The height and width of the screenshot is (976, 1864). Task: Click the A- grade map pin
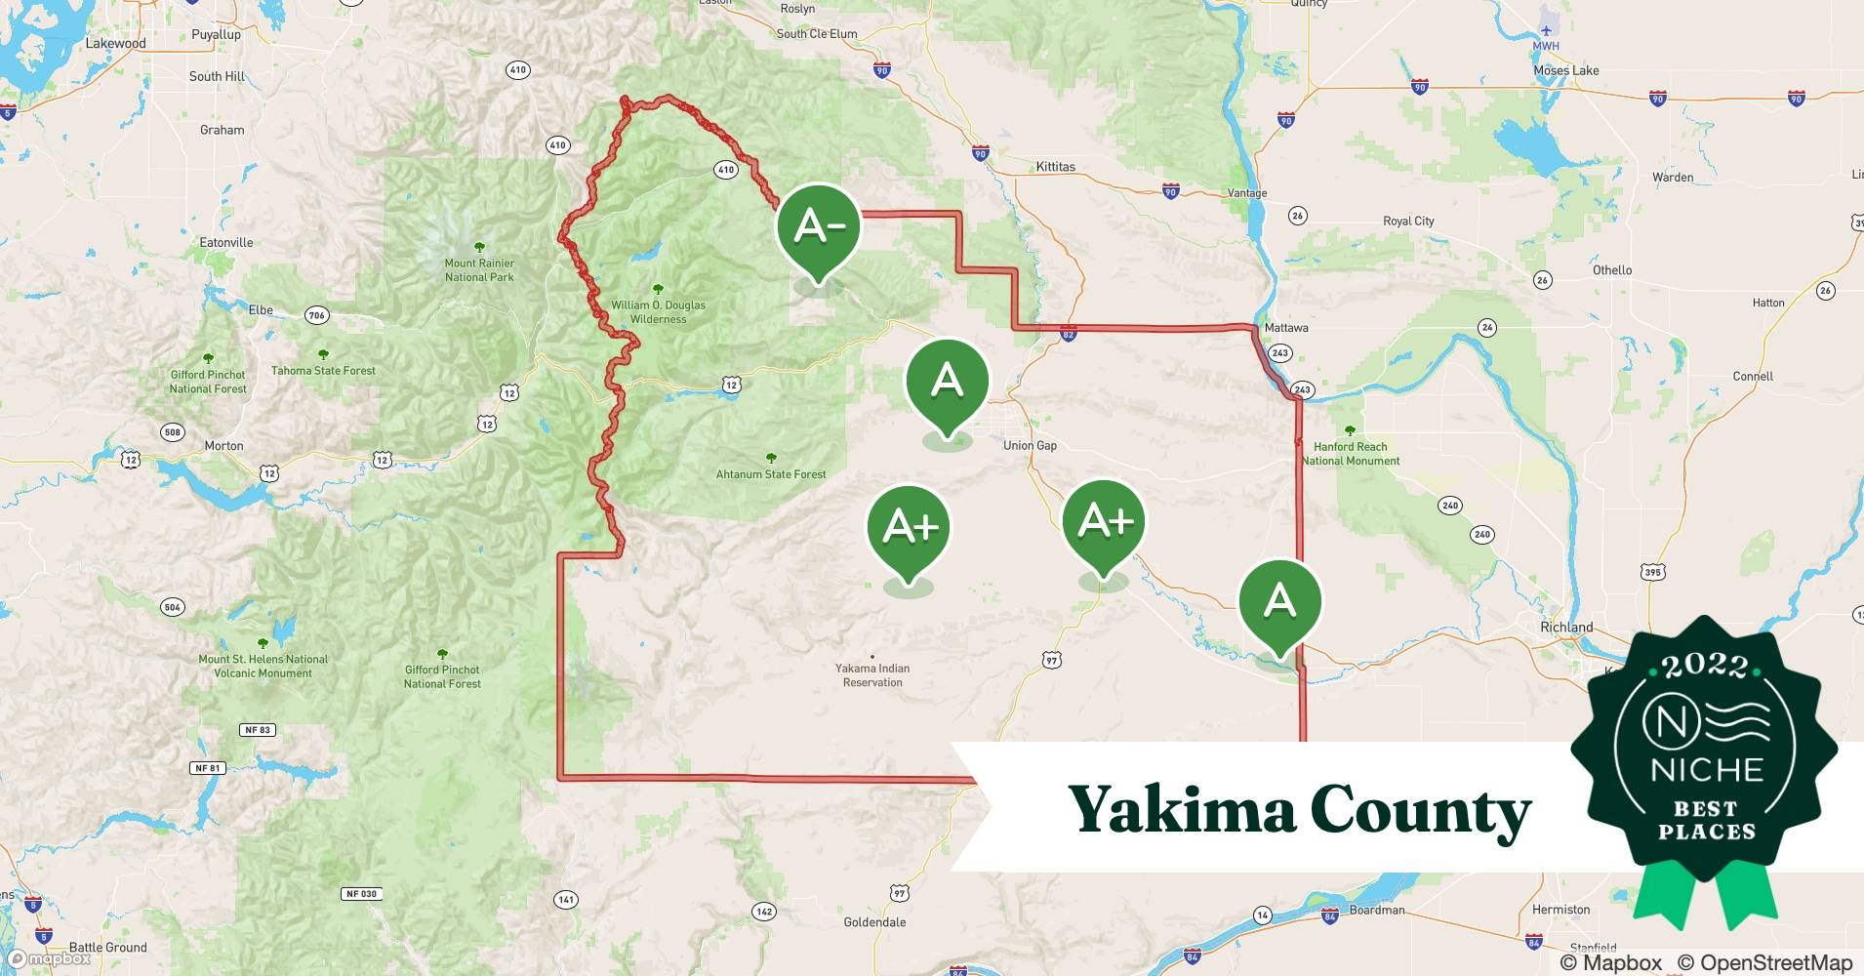click(x=819, y=227)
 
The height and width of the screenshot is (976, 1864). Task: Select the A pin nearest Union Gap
click(x=947, y=382)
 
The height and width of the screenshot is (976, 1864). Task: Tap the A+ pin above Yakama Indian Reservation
click(x=909, y=528)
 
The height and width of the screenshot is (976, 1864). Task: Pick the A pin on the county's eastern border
click(x=1279, y=601)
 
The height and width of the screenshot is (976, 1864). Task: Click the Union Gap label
click(x=1030, y=446)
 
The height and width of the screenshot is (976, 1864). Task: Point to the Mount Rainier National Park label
click(x=479, y=270)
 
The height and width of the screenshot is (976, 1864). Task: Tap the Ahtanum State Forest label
click(x=771, y=474)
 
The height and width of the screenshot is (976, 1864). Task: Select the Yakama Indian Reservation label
click(x=872, y=675)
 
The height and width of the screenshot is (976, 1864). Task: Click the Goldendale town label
click(x=874, y=922)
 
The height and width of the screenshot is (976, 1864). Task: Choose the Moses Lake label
click(x=1565, y=70)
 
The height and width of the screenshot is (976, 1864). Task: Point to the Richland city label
click(x=1565, y=628)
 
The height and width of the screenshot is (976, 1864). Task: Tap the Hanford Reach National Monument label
click(x=1351, y=454)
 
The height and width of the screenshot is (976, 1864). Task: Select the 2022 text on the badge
click(x=1704, y=667)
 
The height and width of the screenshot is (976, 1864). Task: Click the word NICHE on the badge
click(x=1706, y=770)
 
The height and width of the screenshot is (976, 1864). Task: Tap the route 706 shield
click(x=316, y=315)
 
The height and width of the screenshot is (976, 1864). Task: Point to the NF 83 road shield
click(x=258, y=730)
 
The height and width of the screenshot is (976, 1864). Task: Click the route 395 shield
click(x=1652, y=572)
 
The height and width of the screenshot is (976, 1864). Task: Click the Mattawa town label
click(x=1285, y=328)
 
